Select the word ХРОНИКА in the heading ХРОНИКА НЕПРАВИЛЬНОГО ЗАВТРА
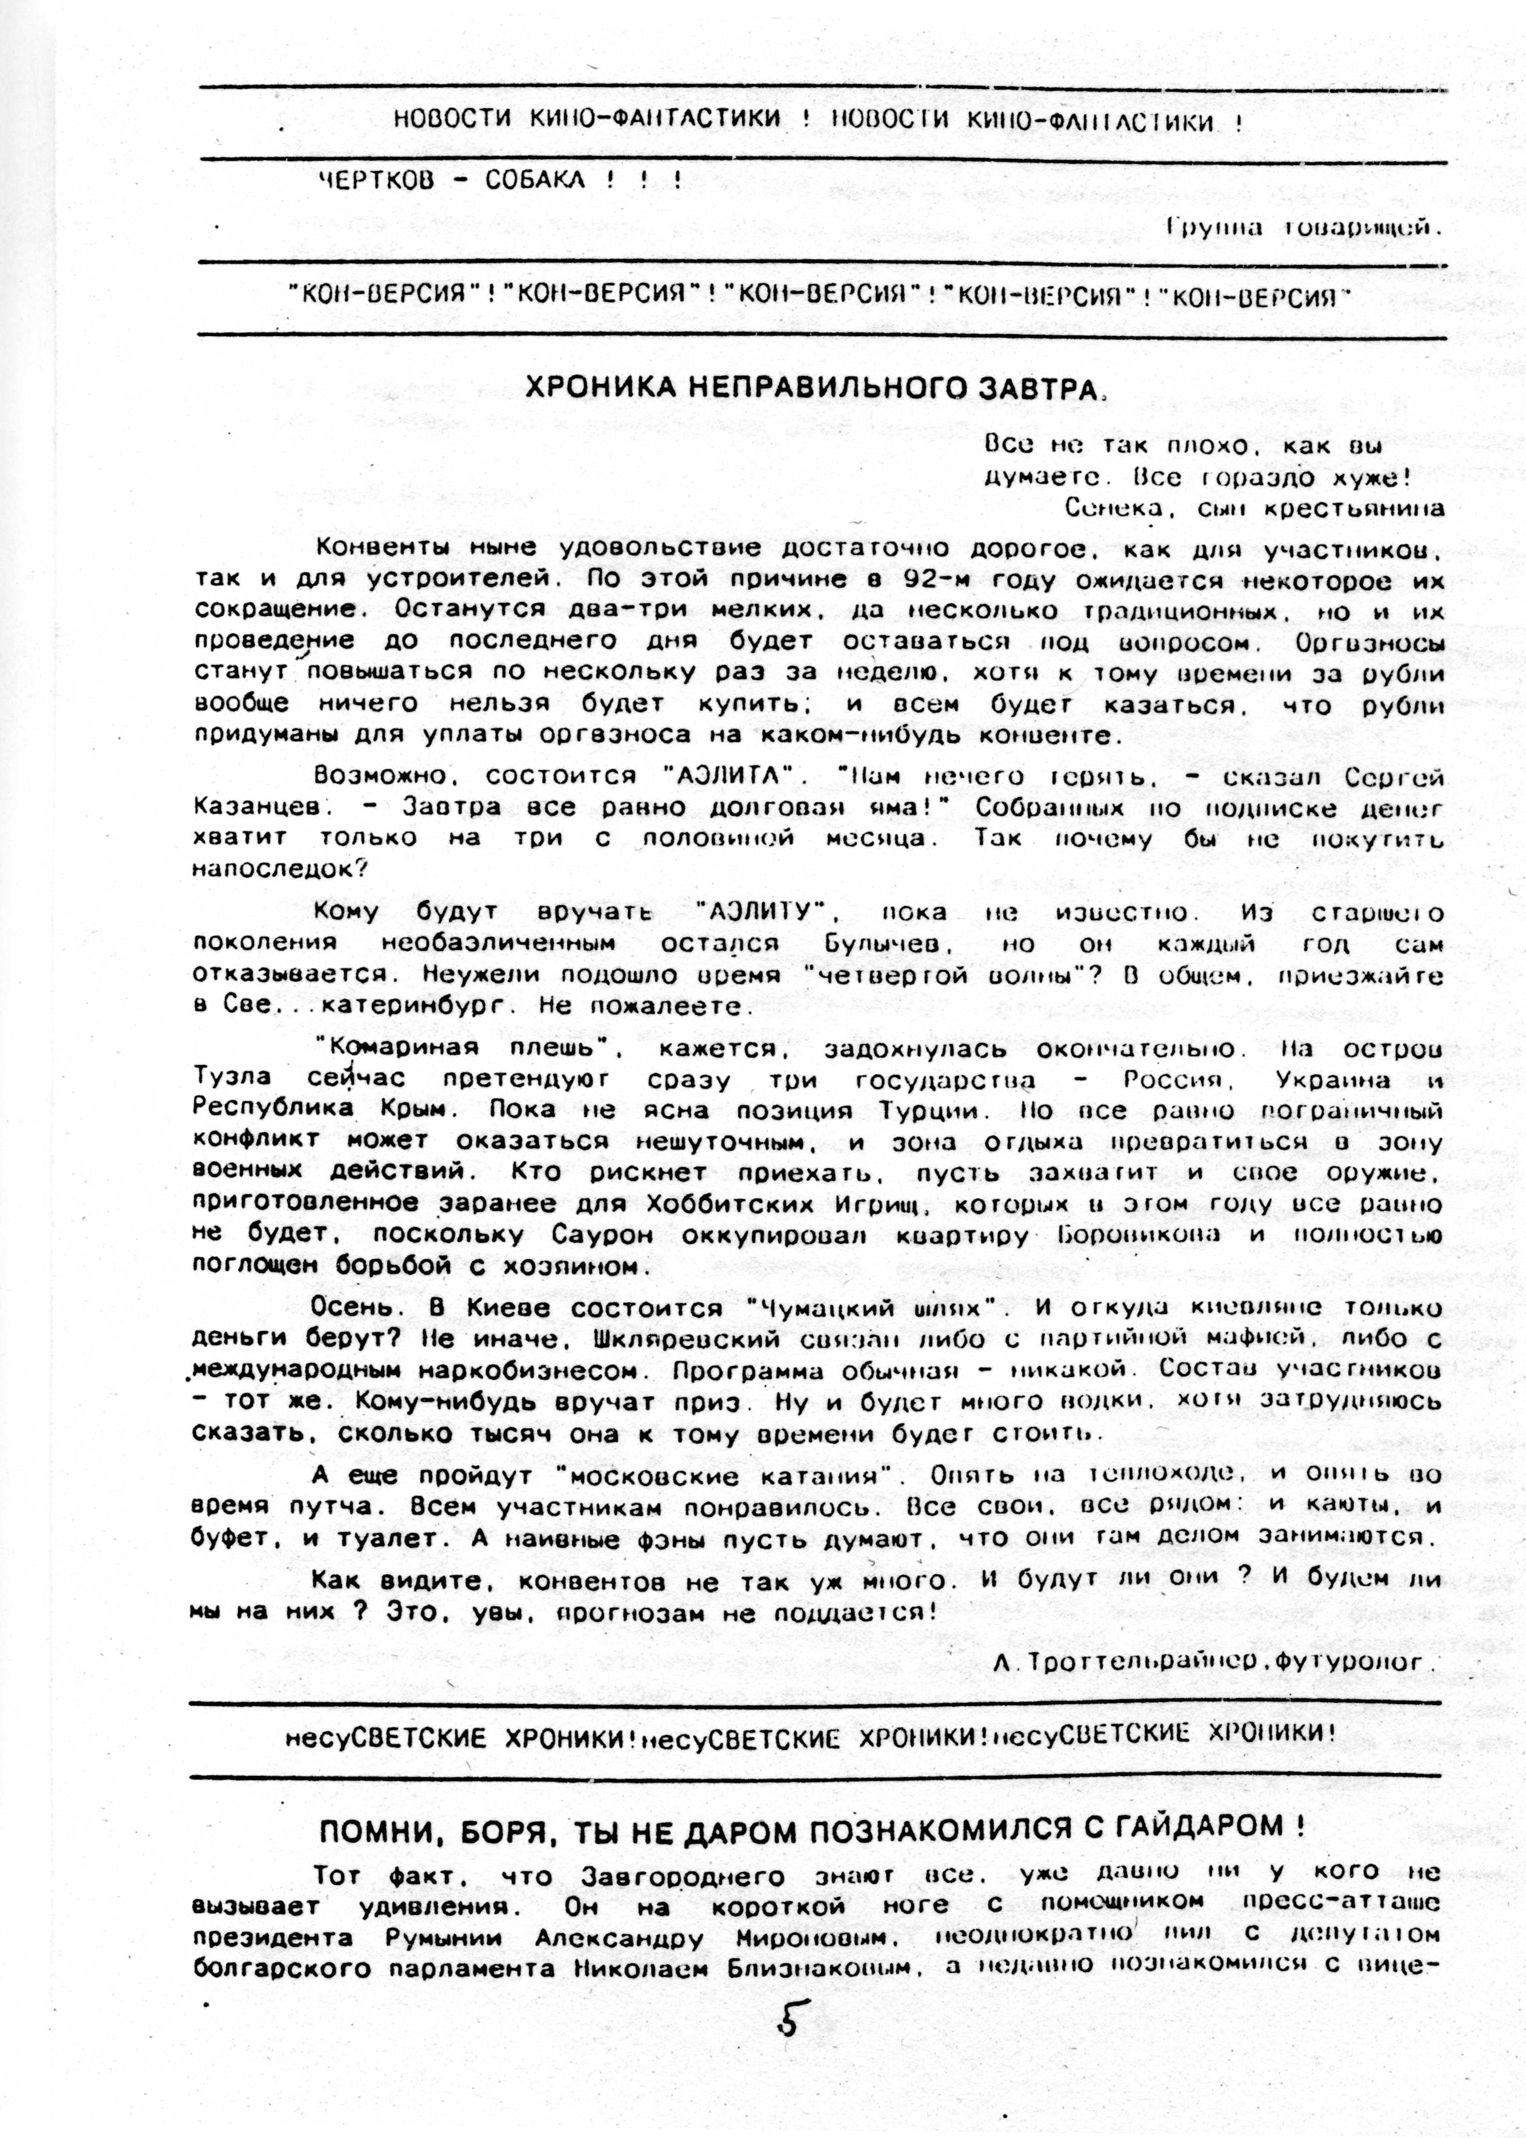pyautogui.click(x=596, y=387)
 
